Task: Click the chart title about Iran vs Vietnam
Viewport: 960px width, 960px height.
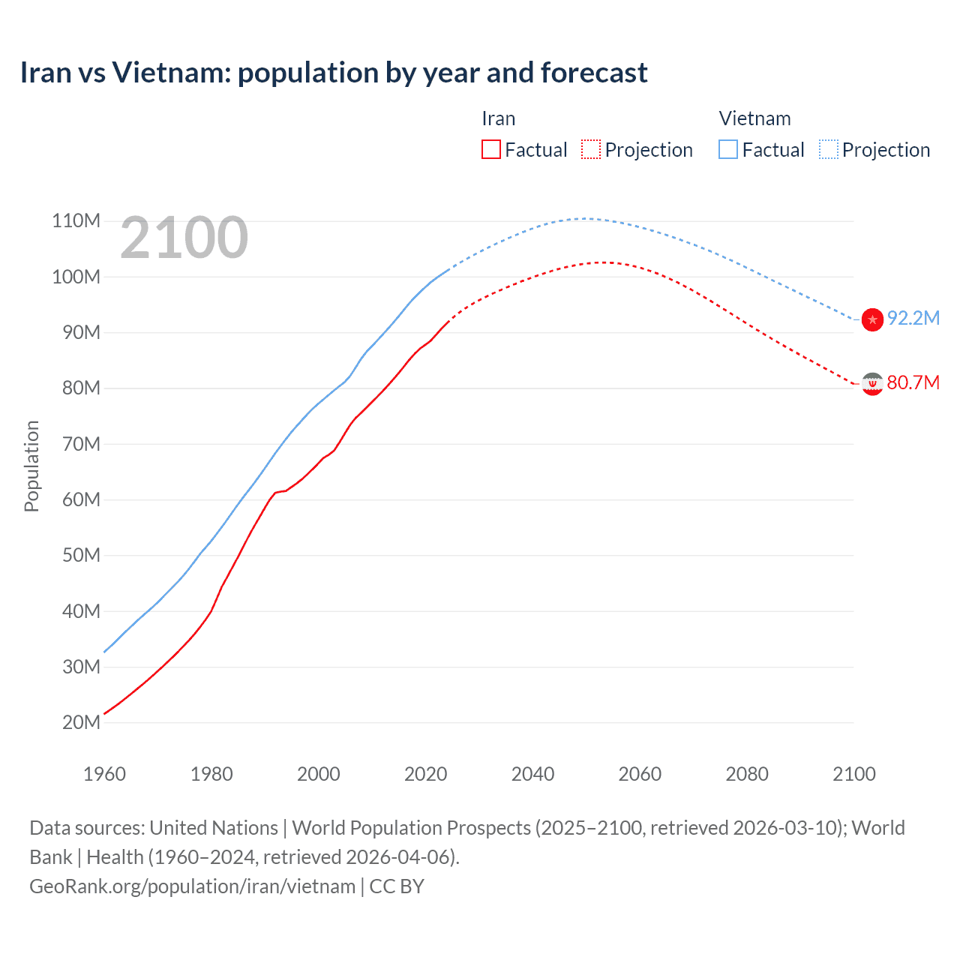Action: (x=334, y=73)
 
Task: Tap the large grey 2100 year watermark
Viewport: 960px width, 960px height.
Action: (x=184, y=238)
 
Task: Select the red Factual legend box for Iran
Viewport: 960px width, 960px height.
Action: (x=490, y=149)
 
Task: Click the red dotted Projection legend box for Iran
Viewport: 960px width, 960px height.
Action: (x=591, y=149)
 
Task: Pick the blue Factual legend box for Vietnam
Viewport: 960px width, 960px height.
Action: (x=728, y=149)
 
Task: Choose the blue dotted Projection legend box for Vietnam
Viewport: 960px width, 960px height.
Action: (x=828, y=149)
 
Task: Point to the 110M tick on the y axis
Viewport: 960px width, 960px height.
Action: (x=76, y=220)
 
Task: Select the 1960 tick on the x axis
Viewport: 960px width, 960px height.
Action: (x=104, y=774)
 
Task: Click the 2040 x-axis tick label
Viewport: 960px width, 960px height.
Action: (x=532, y=774)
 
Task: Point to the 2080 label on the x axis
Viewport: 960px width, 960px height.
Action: (x=747, y=774)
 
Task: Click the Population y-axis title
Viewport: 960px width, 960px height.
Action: (x=31, y=466)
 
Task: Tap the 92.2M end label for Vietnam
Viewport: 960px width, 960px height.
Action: (x=913, y=318)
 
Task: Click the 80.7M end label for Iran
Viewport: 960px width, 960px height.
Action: (x=913, y=382)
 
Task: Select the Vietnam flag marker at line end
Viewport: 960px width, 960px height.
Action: (x=872, y=319)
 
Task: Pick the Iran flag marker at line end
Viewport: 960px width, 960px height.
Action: (x=872, y=384)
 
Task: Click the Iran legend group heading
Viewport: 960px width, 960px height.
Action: (x=498, y=118)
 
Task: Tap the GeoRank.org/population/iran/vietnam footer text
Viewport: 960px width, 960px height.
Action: (x=192, y=886)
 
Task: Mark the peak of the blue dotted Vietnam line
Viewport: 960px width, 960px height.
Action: (x=585, y=218)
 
